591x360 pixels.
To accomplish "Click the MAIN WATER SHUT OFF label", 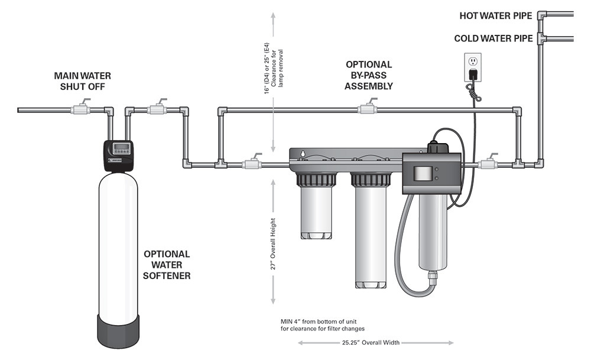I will coord(82,81).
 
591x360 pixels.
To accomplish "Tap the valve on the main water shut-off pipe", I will coord(79,109).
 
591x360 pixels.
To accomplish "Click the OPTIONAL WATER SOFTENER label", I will coord(167,264).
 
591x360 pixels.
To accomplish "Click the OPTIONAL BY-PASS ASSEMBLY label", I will coord(369,75).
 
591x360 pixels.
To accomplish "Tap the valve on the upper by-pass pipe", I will coord(367,109).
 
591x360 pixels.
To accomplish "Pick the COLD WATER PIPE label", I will coord(493,39).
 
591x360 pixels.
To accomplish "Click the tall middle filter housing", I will coord(371,236).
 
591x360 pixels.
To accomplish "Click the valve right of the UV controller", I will coord(489,163).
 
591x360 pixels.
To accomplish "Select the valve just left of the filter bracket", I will coord(251,163).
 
